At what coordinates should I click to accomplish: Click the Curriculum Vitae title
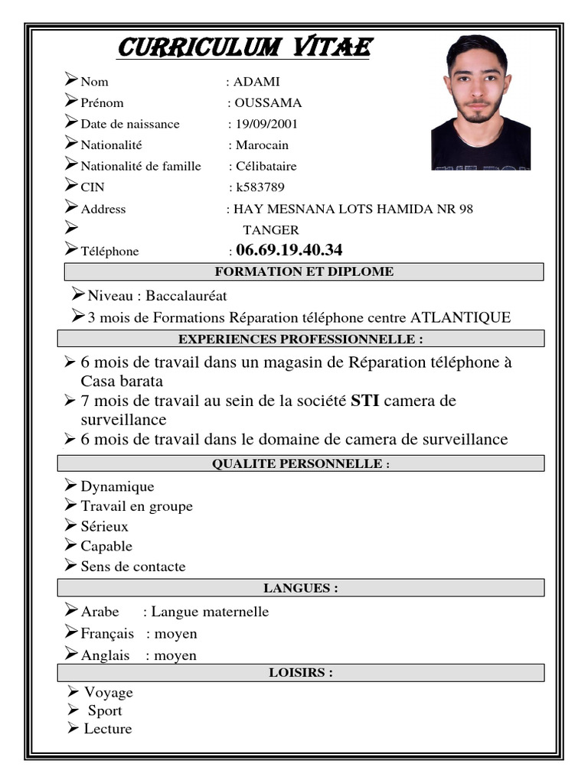(243, 48)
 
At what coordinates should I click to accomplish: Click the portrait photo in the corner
(480, 102)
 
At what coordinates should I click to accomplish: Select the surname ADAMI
(256, 82)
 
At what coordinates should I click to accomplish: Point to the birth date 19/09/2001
(266, 124)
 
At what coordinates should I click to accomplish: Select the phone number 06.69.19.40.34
(289, 250)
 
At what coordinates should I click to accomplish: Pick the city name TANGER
(271, 229)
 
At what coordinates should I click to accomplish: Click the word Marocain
(262, 145)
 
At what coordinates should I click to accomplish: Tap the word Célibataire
(266, 166)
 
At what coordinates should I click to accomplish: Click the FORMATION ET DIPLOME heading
(304, 271)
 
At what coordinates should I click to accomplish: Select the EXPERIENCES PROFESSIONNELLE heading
(300, 339)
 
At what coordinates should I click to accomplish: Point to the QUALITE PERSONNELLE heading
(300, 463)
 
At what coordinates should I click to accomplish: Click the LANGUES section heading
(300, 588)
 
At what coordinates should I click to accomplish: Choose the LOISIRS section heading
(300, 673)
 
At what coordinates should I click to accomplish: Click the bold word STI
(364, 401)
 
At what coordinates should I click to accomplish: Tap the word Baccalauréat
(186, 295)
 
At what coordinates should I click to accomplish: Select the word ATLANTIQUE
(460, 317)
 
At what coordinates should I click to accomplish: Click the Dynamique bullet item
(117, 486)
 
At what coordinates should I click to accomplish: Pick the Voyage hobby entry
(108, 692)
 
